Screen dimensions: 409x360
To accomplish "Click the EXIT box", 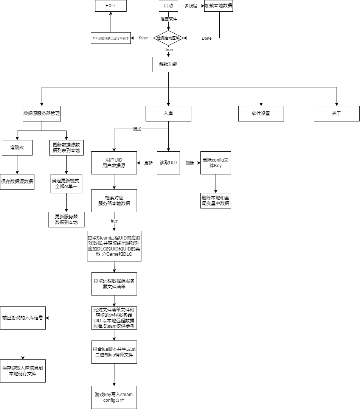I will pos(110,6).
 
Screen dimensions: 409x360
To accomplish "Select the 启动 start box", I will pos(168,6).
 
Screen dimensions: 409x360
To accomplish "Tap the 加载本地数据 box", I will pos(219,6).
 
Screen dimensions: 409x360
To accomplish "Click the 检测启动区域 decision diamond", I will pos(169,38).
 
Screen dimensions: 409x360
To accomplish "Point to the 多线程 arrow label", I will pos(191,6).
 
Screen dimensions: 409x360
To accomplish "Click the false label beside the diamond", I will pos(144,38).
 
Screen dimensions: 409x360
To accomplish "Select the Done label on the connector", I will pos(206,38).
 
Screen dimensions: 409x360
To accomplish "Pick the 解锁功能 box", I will pos(168,64).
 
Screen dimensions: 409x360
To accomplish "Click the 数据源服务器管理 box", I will pos(42,114).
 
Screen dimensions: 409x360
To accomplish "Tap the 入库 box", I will pos(168,114).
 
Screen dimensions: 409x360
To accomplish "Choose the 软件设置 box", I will pos(261,114).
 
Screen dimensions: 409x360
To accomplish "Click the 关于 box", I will pos(337,114).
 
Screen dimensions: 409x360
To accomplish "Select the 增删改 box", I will pos(17,148).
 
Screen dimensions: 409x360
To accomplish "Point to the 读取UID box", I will pos(168,163).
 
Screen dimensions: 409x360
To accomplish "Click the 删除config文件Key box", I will pos(216,163).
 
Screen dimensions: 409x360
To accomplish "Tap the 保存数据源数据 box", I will pos(17,182).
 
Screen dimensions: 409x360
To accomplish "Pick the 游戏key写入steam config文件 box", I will pos(114,397).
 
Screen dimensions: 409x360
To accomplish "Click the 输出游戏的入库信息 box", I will pos(23,318).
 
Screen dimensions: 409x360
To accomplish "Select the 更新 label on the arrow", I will pos(148,163).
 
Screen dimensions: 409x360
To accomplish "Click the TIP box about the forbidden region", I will pos(111,38).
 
